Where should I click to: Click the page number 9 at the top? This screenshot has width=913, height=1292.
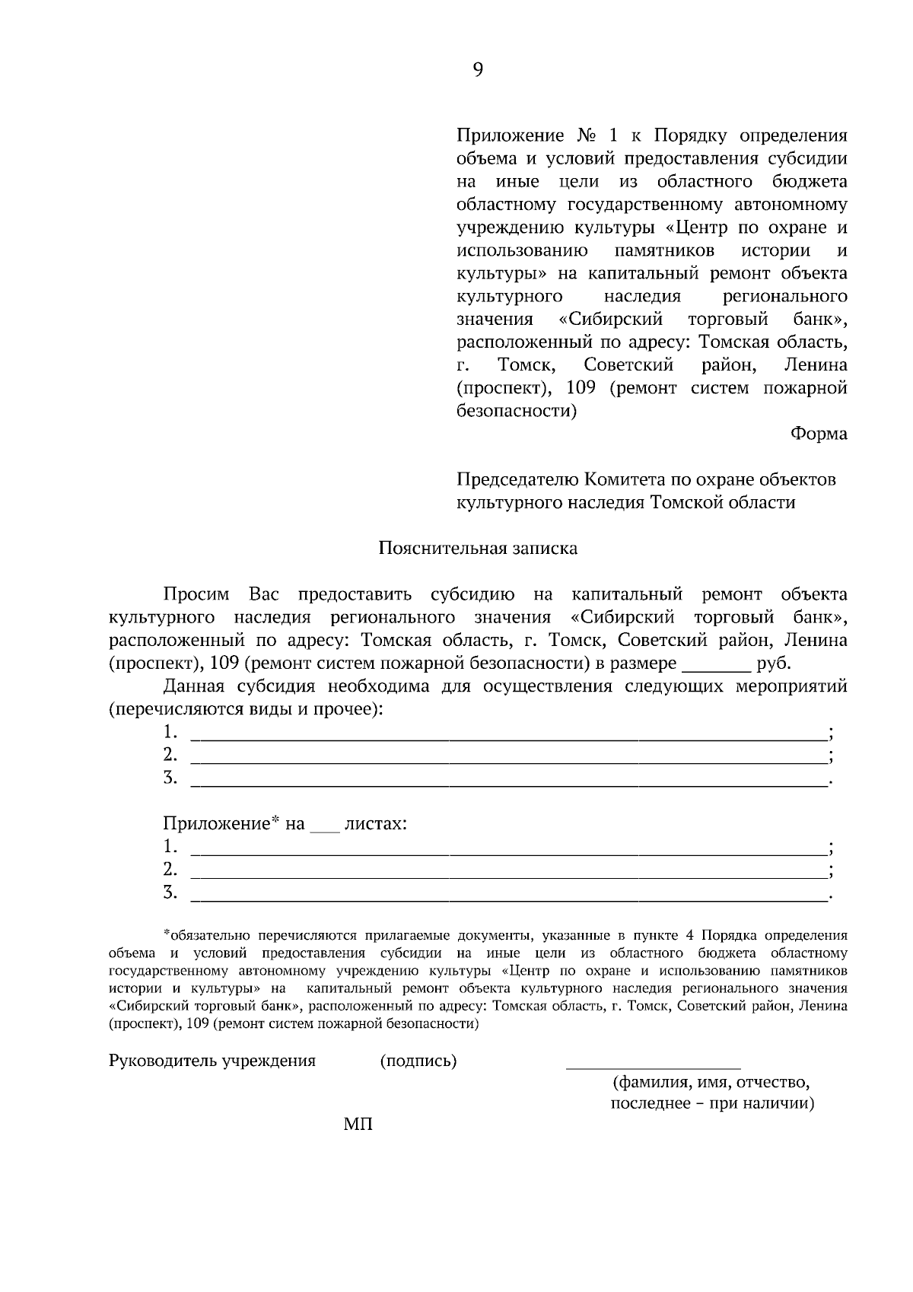(x=478, y=70)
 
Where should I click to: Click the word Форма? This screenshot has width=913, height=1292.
(x=819, y=434)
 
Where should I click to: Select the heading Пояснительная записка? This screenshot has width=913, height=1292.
(x=478, y=549)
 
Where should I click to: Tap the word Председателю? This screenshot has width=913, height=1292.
(x=517, y=480)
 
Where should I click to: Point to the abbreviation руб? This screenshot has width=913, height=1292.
(x=774, y=664)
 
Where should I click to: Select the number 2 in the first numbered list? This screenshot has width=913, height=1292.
(x=170, y=755)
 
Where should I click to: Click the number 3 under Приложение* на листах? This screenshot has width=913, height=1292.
(x=170, y=892)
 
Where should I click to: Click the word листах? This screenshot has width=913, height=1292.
(x=375, y=824)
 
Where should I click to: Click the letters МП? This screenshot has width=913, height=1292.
(x=358, y=1125)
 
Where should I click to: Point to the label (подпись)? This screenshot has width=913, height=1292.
(x=418, y=1061)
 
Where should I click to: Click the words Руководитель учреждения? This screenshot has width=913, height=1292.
(x=212, y=1061)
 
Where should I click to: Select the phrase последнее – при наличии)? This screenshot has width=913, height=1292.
(x=711, y=1104)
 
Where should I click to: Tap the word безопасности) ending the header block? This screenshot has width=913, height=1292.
(x=516, y=412)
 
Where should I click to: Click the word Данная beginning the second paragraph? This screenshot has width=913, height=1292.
(x=193, y=686)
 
